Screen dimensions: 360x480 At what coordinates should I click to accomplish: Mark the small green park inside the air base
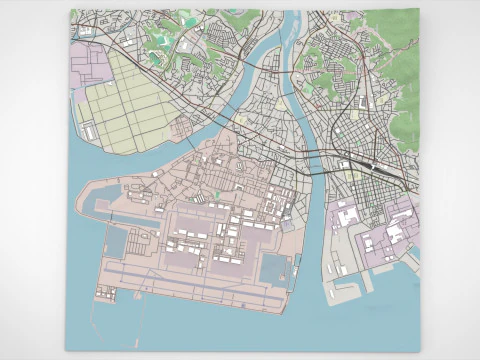pyautogui.click(x=216, y=193)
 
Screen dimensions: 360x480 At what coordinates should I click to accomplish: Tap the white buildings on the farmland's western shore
pyautogui.click(x=87, y=131)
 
